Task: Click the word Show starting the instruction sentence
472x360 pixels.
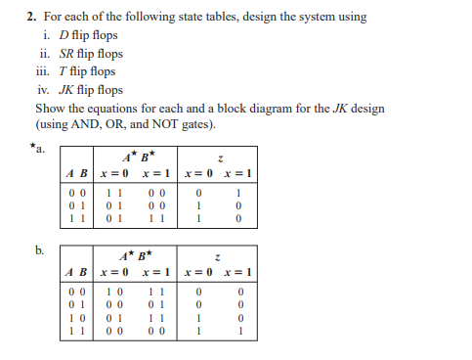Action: click(x=50, y=108)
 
